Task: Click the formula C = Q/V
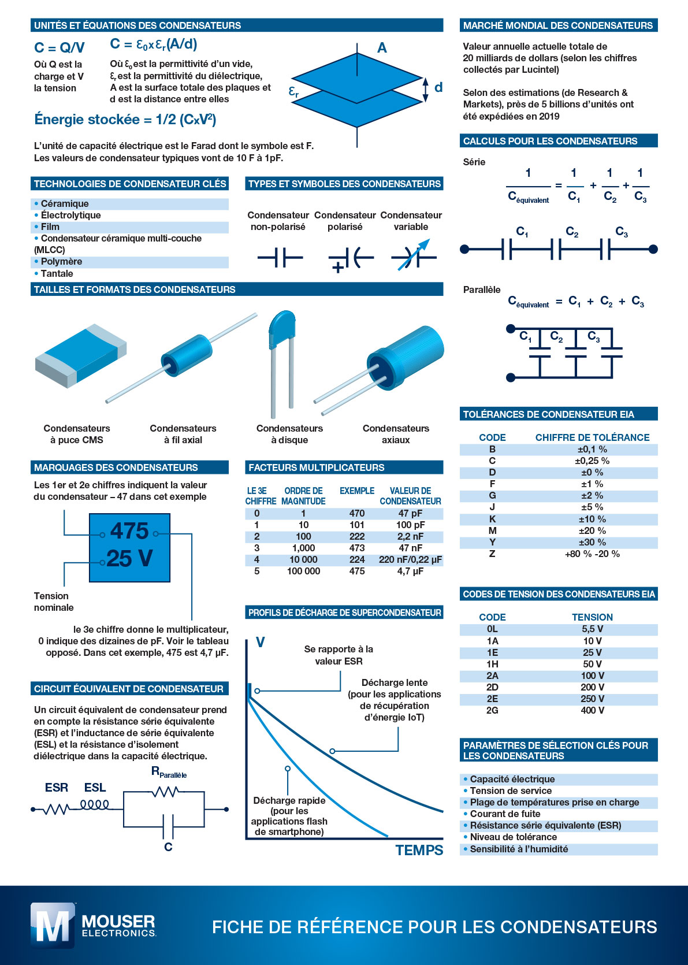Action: [59, 47]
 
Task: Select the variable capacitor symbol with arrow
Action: [413, 257]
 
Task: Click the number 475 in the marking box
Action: [129, 531]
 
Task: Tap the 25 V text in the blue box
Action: [129, 558]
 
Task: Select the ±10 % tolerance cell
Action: [592, 519]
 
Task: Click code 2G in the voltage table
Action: [492, 710]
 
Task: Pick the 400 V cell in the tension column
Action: [592, 710]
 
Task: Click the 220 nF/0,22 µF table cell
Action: [410, 559]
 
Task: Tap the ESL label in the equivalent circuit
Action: [95, 788]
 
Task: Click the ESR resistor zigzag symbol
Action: [56, 809]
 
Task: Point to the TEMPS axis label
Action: [419, 850]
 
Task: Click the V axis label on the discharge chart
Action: [260, 643]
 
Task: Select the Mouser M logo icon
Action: [53, 926]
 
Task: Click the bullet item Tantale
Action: [57, 273]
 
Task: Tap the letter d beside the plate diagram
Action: [438, 87]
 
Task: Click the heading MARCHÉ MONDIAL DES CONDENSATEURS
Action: [557, 25]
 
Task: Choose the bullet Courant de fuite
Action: [505, 814]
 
